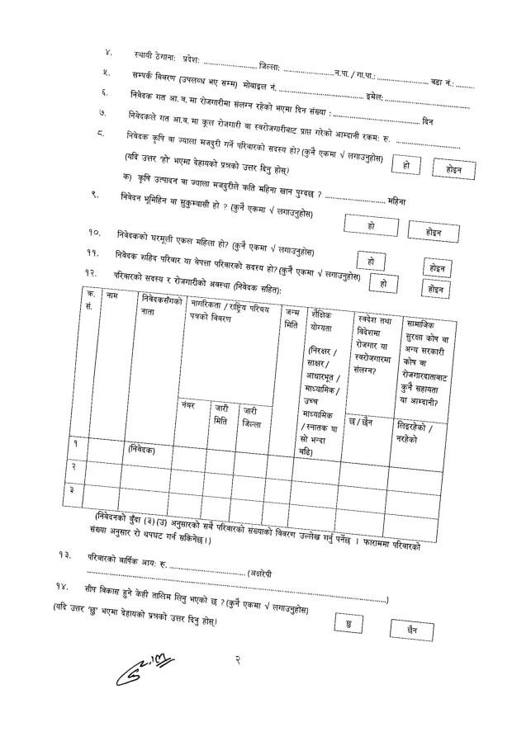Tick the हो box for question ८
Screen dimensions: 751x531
[x=405, y=165]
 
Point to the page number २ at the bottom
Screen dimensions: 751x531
[x=238, y=658]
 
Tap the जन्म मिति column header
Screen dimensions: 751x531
[x=292, y=318]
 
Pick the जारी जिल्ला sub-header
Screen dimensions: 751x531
[x=251, y=416]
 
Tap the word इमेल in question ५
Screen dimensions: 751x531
[x=374, y=97]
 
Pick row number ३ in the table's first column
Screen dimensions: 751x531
[x=75, y=490]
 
